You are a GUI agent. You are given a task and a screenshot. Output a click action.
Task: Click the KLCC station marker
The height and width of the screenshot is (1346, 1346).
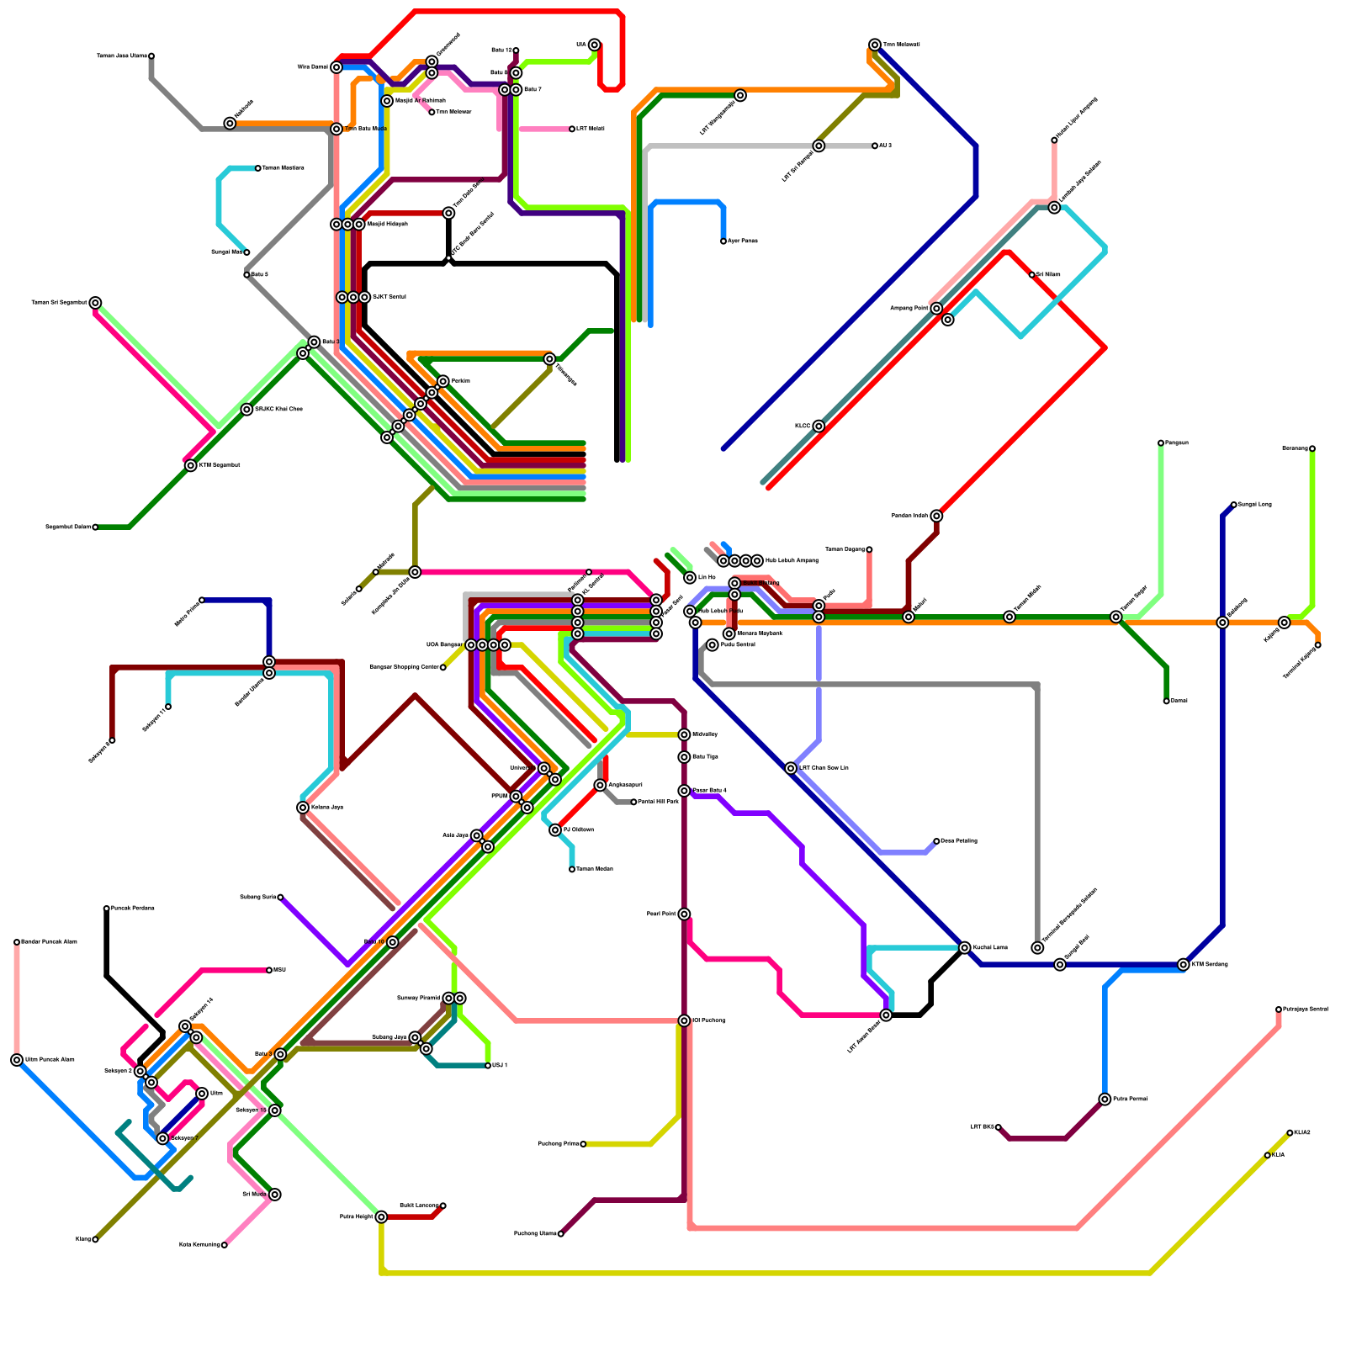(x=819, y=427)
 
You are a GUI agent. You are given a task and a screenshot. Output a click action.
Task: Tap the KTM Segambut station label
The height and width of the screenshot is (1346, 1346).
(x=220, y=465)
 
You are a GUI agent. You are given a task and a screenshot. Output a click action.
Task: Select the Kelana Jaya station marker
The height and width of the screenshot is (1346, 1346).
(x=303, y=808)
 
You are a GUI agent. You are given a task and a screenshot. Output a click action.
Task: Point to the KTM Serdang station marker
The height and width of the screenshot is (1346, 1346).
(x=1184, y=965)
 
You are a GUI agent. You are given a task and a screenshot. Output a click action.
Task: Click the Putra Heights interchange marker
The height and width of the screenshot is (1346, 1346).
(x=381, y=1216)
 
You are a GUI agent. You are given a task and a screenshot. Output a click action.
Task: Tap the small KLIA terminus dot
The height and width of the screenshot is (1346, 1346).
(x=1268, y=1155)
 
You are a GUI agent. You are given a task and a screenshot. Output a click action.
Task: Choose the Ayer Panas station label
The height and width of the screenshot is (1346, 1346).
(x=743, y=241)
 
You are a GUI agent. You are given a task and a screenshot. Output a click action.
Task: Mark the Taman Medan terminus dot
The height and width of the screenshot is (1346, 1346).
(x=572, y=869)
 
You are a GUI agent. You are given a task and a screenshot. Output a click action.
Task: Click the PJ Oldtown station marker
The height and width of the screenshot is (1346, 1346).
(x=555, y=830)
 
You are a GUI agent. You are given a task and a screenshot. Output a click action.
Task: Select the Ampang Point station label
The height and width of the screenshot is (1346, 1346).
(x=909, y=309)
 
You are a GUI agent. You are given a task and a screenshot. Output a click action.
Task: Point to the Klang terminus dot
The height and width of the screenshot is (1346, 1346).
(x=95, y=1239)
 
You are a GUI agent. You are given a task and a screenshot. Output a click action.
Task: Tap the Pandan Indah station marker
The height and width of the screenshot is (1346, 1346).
(x=936, y=516)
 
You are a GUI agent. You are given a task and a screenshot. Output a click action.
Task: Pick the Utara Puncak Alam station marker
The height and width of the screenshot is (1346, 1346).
(x=17, y=1060)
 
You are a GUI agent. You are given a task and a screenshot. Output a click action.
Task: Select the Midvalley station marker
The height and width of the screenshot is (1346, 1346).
(x=684, y=734)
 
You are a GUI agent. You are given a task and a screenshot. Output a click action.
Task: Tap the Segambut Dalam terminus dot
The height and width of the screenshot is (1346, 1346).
(x=95, y=527)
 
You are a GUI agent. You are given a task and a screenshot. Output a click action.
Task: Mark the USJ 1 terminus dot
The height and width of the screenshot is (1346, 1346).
(x=488, y=1066)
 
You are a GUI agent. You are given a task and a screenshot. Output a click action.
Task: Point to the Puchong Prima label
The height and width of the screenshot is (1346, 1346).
(x=558, y=1144)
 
